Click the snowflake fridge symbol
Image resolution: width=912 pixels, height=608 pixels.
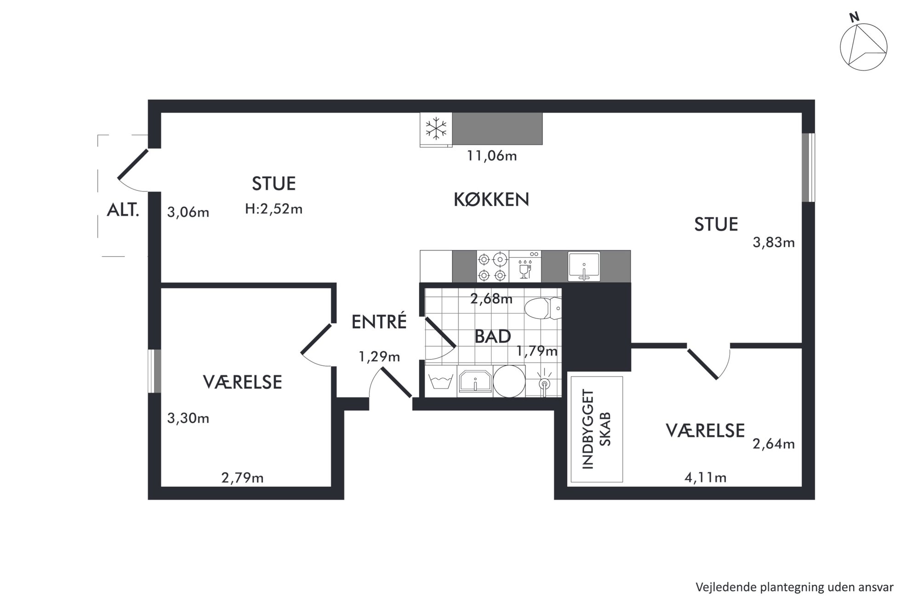click(x=436, y=129)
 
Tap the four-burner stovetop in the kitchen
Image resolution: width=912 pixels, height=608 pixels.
click(x=492, y=267)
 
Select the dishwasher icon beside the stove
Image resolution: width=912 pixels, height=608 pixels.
click(x=525, y=267)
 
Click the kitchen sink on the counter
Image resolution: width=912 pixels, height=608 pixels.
click(x=584, y=267)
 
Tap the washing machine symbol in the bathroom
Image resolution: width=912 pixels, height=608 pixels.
click(x=441, y=381)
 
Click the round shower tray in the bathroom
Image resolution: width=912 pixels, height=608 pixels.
click(x=509, y=381)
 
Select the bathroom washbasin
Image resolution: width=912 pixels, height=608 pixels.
click(x=475, y=381)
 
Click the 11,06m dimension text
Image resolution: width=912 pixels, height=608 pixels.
click(x=492, y=156)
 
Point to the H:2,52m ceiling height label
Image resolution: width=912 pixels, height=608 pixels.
click(x=274, y=209)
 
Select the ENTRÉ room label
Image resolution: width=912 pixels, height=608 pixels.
click(x=379, y=321)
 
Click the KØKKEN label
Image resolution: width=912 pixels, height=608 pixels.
click(x=491, y=199)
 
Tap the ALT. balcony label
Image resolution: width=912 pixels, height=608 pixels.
click(x=123, y=210)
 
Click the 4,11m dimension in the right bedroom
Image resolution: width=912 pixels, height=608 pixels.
click(x=706, y=478)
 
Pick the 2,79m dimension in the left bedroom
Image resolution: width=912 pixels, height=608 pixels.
click(x=242, y=478)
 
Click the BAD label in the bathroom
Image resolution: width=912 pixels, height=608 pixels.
click(x=493, y=337)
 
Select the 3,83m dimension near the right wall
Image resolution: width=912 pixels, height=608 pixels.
click(x=774, y=243)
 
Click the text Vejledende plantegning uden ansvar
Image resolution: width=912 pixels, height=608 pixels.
click(x=795, y=587)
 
